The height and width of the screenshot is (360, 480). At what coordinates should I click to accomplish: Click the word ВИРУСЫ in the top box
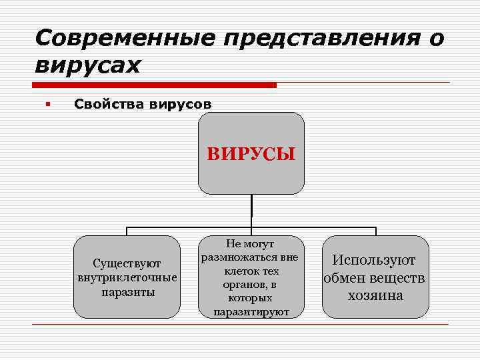click(251, 155)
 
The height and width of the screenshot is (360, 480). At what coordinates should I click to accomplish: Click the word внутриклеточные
click(127, 277)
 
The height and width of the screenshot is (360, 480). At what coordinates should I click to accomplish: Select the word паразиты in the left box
click(127, 292)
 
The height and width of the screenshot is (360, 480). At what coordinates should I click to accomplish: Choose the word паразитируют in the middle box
click(251, 311)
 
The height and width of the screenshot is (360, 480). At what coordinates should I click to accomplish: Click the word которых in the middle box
click(251, 298)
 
